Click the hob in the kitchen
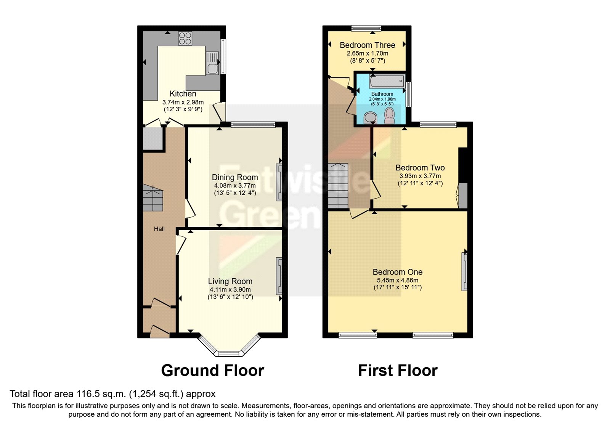coord(185,38)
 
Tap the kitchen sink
coord(212,63)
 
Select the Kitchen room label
coord(183,94)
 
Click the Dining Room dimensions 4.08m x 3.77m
coord(234,186)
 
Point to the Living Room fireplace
coord(279,276)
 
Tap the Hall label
coord(159,229)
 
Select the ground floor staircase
coord(153,198)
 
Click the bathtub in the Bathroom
coord(386,81)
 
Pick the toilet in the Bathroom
coord(389,116)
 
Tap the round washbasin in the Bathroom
coord(370,118)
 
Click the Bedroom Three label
coord(367,45)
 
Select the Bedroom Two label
coord(420,168)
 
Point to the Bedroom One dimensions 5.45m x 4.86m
coord(398,280)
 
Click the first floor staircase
coord(338,186)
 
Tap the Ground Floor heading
coord(212,371)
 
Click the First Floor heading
coord(398,371)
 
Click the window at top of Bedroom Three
coord(366,28)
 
